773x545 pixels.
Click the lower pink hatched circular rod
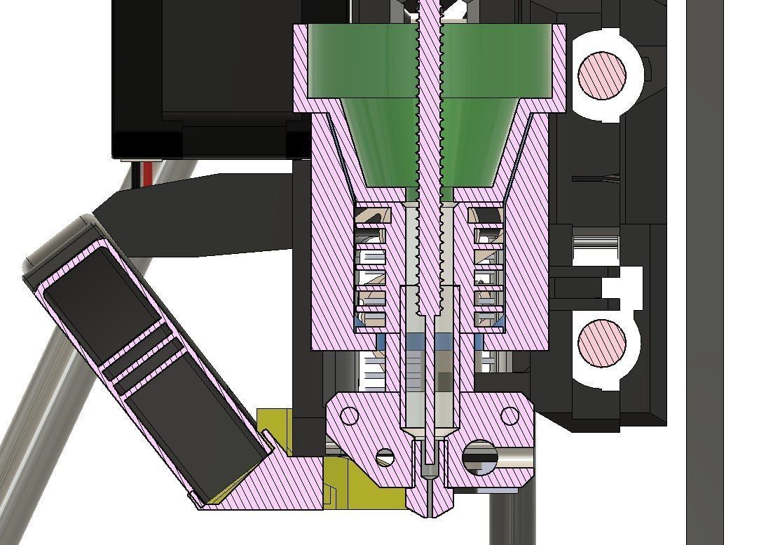(601, 343)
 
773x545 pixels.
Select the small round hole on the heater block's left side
(348, 416)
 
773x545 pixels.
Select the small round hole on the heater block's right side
(509, 416)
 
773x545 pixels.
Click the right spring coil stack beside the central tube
(488, 267)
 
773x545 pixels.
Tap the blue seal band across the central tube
(429, 342)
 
